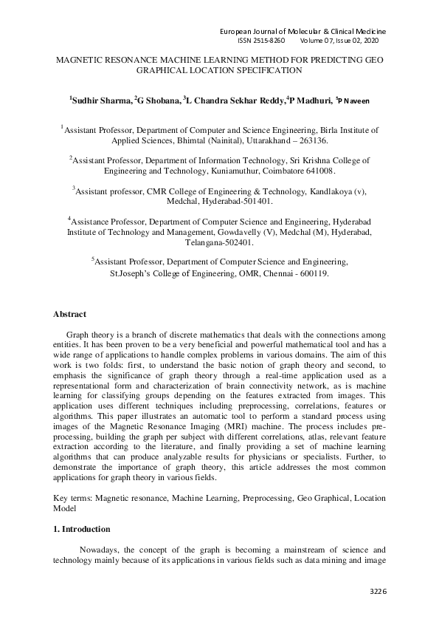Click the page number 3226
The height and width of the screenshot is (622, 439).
click(378, 591)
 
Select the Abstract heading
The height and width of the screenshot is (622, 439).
click(69, 314)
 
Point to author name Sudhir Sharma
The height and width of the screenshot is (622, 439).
click(102, 100)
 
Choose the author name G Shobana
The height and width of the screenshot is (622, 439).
click(159, 100)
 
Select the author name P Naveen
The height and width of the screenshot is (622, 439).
click(359, 100)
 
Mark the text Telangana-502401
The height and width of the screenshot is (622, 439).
click(219, 242)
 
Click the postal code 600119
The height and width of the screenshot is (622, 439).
click(311, 273)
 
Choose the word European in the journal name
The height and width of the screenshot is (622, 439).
click(241, 31)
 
